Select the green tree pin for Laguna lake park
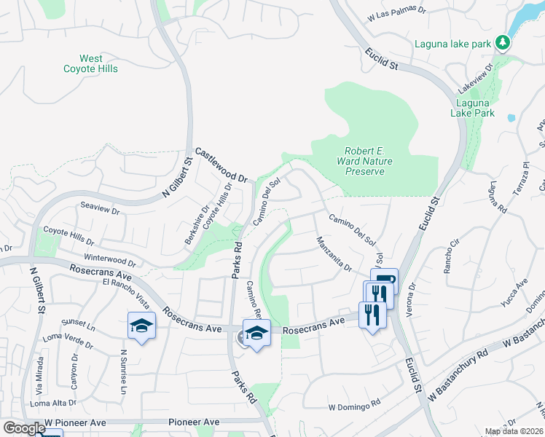click(x=502, y=43)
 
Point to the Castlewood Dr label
click(x=222, y=163)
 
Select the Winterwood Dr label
click(x=110, y=260)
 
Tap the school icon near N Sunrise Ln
click(x=141, y=326)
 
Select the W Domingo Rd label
click(x=355, y=402)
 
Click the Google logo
click(x=24, y=428)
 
